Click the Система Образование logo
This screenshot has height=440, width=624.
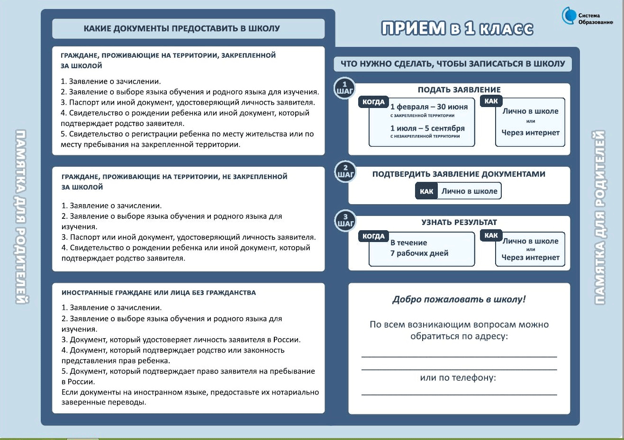coord(588,17)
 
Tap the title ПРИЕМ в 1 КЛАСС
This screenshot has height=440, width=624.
coord(457,28)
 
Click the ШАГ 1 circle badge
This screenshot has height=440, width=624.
coord(344,88)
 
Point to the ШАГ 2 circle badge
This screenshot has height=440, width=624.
coord(345,171)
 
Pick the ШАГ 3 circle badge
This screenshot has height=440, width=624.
coord(345,221)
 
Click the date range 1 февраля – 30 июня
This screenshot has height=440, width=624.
coord(429,107)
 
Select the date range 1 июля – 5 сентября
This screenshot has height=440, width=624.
coord(427,128)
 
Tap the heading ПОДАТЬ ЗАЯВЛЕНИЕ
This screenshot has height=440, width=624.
coord(459,90)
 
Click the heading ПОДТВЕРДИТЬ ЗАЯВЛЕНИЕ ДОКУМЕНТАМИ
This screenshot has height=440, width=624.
coord(459,174)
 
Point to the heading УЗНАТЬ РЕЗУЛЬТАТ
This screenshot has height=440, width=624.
coord(459,222)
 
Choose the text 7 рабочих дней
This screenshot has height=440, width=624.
coord(419,253)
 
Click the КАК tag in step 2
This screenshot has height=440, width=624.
coord(426,191)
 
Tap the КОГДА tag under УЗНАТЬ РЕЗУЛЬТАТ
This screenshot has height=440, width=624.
coord(373,236)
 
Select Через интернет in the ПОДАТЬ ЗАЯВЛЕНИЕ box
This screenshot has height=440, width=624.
coord(531,133)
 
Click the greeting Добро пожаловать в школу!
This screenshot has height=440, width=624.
coord(459,299)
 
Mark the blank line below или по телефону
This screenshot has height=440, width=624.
coord(459,394)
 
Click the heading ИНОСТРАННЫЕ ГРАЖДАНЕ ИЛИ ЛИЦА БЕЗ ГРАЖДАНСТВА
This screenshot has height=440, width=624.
coord(159,293)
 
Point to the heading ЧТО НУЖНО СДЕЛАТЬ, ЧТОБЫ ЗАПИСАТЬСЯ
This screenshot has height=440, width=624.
coord(453,64)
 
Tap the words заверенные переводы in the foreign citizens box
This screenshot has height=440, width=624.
coord(104,403)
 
